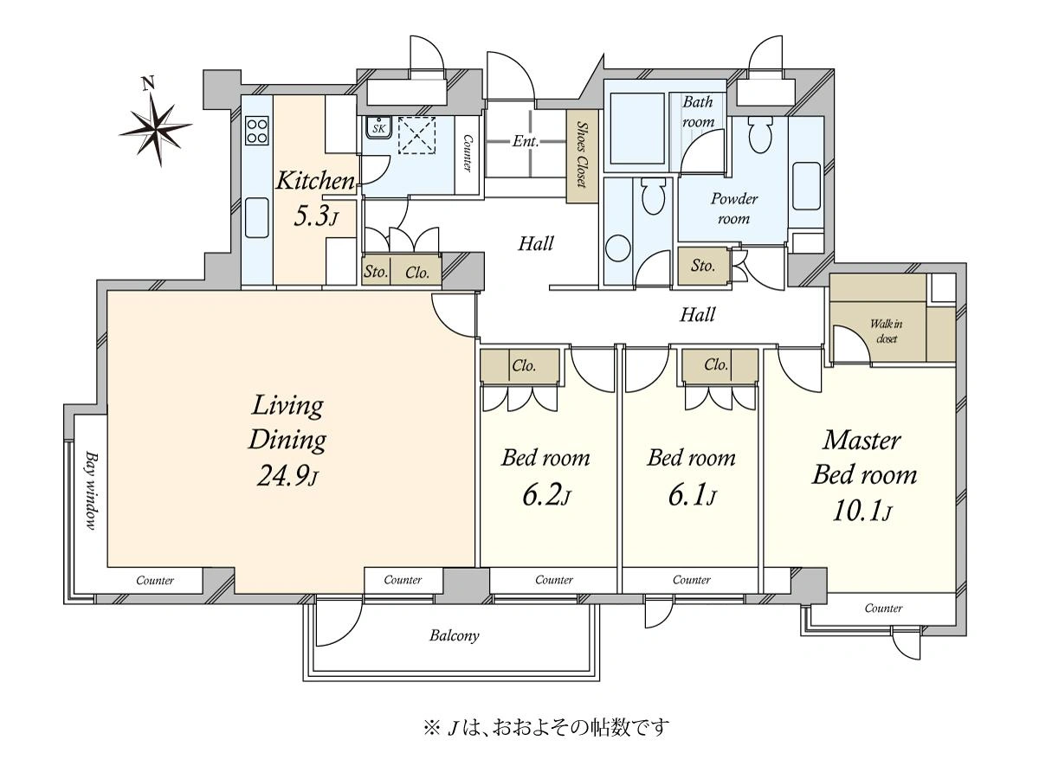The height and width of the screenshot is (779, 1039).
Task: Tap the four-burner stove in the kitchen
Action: click(x=256, y=131)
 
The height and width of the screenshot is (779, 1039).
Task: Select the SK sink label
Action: click(x=378, y=128)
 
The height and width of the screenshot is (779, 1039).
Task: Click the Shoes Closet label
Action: click(x=582, y=155)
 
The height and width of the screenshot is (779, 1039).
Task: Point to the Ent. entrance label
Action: click(x=526, y=141)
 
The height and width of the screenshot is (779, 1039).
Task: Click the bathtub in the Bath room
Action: click(x=636, y=129)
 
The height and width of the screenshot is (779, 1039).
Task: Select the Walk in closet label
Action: click(x=886, y=332)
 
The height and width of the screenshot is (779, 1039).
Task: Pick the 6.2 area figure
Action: click(x=546, y=496)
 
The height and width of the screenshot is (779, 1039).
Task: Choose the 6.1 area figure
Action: click(x=692, y=496)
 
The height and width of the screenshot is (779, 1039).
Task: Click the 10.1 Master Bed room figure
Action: click(x=862, y=511)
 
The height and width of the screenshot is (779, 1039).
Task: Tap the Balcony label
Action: click(x=454, y=635)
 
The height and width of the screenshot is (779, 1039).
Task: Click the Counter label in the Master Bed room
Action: click(x=883, y=608)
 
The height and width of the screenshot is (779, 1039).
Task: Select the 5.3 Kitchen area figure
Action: click(x=316, y=216)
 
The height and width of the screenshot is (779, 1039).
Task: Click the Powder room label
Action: click(x=733, y=208)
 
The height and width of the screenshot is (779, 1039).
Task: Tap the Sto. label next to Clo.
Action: click(x=376, y=272)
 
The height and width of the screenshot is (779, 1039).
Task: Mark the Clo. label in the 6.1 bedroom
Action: click(x=716, y=364)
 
